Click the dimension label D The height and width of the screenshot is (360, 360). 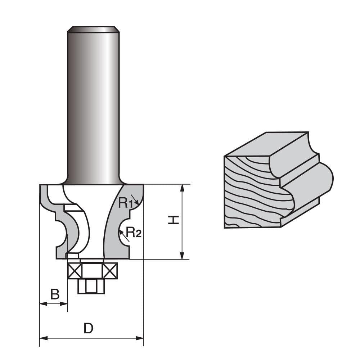tap(88, 328)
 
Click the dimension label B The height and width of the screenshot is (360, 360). tap(55, 294)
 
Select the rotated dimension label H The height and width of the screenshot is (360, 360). tap(174, 220)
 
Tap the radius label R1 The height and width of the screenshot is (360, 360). tap(125, 203)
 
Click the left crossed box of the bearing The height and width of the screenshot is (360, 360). tap(75, 271)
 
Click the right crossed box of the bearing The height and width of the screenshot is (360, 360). tap(110, 271)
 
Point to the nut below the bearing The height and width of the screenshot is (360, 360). tap(91, 286)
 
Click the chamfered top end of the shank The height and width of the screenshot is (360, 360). tap(93, 29)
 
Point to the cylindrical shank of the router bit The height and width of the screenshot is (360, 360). tap(93, 108)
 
